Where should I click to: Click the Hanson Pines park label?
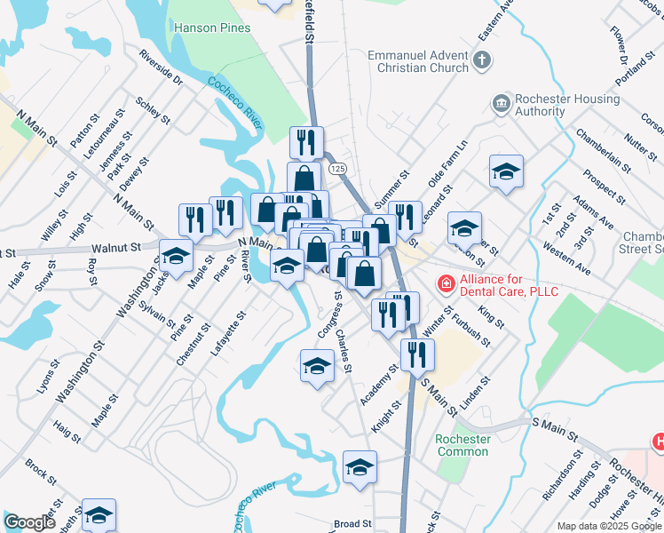(x=213, y=28)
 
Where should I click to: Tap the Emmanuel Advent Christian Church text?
(x=418, y=61)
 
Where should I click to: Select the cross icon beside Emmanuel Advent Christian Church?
(x=482, y=61)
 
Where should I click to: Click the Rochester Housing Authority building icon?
(x=502, y=105)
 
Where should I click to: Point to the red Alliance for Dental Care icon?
(x=446, y=284)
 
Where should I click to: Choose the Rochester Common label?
(x=462, y=445)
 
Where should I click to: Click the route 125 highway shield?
(x=336, y=167)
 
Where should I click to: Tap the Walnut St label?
(x=122, y=249)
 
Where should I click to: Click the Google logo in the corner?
(x=28, y=522)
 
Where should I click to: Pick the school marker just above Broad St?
(x=360, y=466)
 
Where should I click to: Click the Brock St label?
(x=41, y=466)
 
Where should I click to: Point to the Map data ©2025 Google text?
(x=610, y=526)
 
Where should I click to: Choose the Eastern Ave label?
(x=496, y=22)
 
